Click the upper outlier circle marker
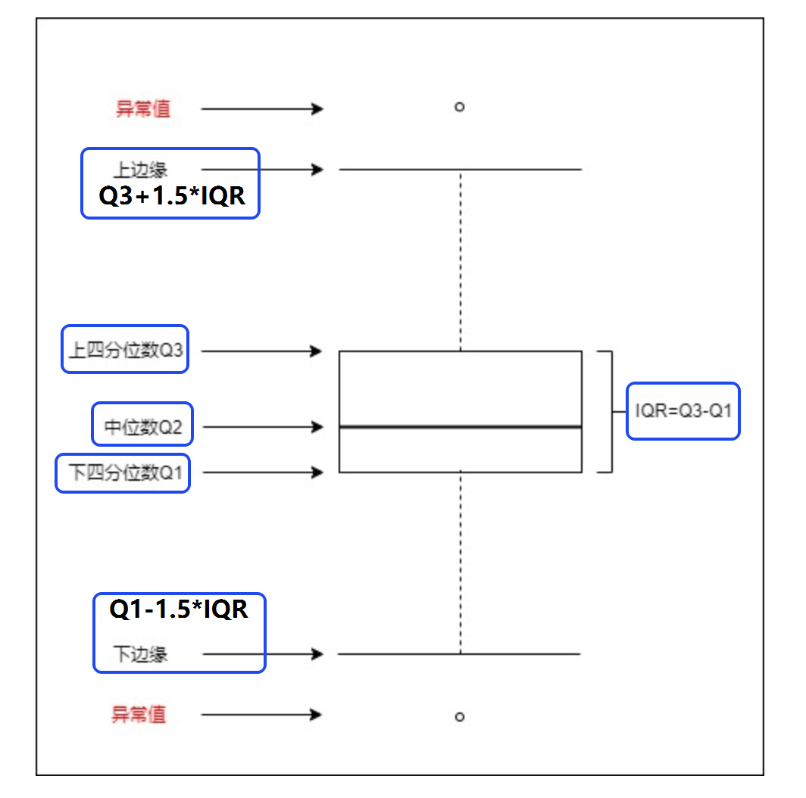coord(460,107)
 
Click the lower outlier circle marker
coord(460,717)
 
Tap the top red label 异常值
coord(143,109)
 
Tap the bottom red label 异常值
coord(139,715)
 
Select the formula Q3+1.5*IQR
coord(172,196)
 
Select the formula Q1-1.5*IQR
coord(179,609)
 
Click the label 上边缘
coord(140,170)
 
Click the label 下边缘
coord(140,654)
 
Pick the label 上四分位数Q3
coord(126,350)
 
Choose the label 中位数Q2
coord(143,426)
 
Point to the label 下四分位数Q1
coord(125,472)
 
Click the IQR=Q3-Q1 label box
coord(683,411)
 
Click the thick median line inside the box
coord(461,426)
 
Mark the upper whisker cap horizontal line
coord(461,169)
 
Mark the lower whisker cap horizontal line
coord(459,653)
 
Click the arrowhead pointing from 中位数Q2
coord(317,426)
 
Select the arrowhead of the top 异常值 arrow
coord(317,109)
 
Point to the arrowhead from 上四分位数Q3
coord(317,351)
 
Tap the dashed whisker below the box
coord(461,563)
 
